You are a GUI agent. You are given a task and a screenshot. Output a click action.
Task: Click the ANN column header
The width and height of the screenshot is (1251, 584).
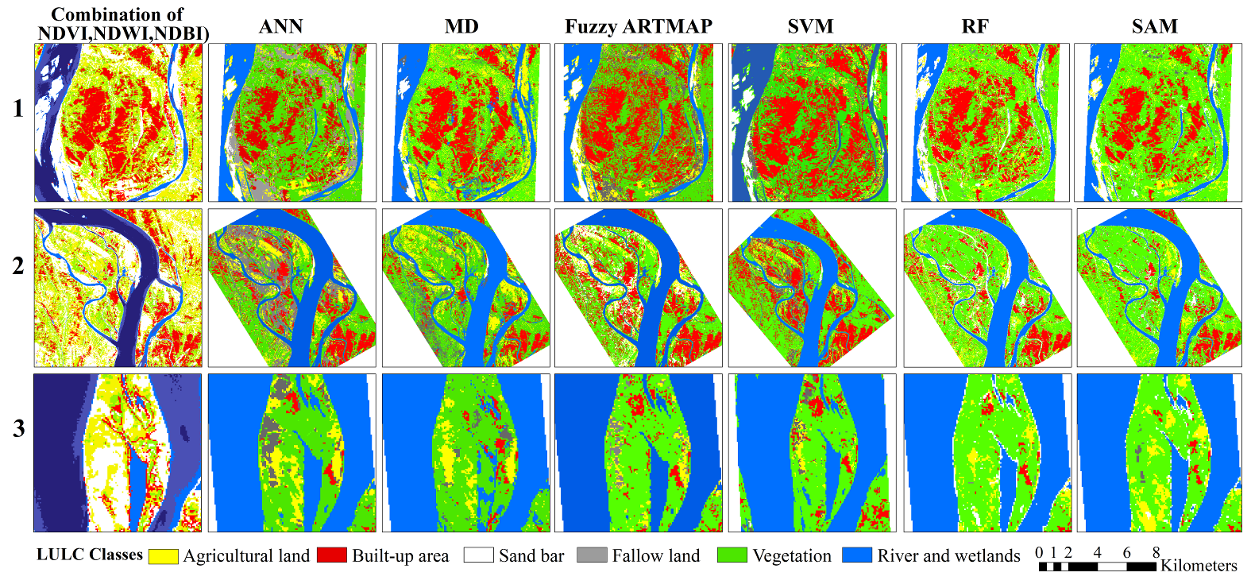281,26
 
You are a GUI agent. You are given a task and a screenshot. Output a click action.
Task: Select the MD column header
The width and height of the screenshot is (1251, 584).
461,26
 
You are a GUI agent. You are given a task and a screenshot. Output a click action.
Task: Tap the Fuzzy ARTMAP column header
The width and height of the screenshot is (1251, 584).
638,26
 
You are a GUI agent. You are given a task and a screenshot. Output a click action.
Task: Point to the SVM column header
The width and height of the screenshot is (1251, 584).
810,26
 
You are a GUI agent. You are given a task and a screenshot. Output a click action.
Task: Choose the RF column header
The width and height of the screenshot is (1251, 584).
975,26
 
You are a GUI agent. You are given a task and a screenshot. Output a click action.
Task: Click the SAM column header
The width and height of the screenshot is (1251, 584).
1154,26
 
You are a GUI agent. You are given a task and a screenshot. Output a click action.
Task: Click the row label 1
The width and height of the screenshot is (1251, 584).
18,109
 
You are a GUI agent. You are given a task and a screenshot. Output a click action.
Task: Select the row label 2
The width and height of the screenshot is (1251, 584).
18,266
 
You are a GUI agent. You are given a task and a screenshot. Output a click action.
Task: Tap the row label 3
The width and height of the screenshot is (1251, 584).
18,429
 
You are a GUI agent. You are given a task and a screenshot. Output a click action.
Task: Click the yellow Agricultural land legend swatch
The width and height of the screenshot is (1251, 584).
163,555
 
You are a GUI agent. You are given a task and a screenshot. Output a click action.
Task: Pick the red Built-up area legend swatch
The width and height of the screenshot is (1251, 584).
331,555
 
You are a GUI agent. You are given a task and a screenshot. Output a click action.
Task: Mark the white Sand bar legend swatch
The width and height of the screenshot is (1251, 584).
478,555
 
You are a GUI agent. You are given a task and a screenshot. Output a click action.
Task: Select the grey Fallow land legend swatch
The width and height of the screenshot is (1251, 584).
592,555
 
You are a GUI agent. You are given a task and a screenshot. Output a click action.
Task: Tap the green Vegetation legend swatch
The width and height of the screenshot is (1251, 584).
732,555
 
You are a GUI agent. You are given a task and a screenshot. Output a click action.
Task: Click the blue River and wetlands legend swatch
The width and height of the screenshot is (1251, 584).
856,555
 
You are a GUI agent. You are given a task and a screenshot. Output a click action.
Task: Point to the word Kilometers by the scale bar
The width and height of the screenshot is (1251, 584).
1199,566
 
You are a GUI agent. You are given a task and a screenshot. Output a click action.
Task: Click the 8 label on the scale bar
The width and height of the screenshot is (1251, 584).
1156,552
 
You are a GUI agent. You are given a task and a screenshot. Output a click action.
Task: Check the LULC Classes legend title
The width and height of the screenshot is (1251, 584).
90,555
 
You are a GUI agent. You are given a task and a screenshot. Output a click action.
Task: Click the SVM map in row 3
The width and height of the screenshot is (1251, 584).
812,453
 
